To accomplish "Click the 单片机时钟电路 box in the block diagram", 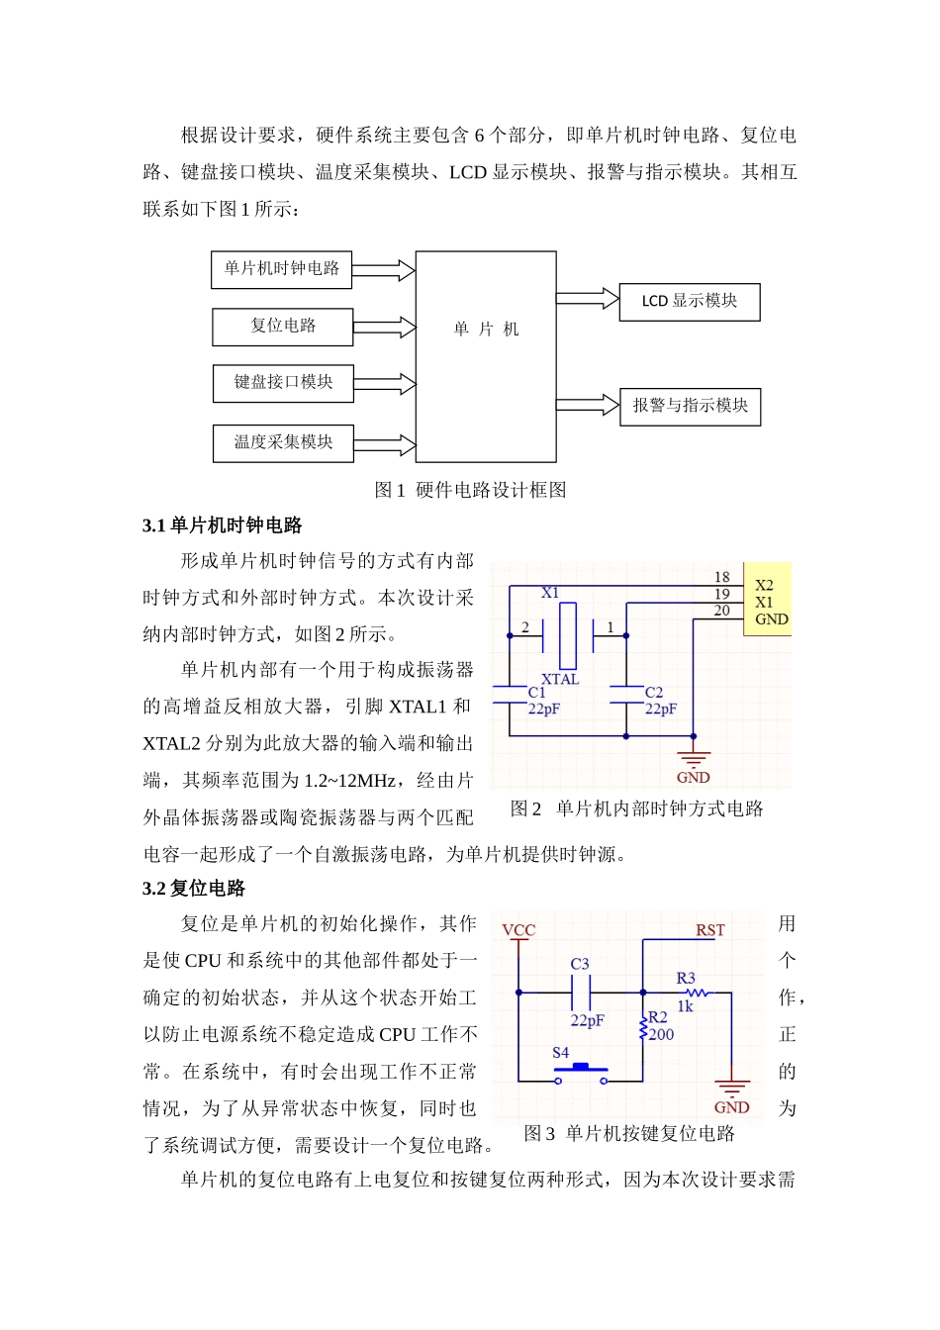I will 281,269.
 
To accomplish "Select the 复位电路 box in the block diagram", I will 283,327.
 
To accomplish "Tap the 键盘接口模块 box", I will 283,383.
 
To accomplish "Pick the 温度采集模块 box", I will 283,443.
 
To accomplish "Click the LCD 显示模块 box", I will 690,302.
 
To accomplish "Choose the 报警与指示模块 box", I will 690,407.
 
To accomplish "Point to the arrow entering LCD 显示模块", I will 587,299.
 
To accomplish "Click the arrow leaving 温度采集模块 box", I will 384,444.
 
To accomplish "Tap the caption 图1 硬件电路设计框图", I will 470,490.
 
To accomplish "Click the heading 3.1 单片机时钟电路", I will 223,525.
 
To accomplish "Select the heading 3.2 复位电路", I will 194,888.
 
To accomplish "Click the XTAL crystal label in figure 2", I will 560,679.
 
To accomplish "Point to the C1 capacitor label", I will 536,693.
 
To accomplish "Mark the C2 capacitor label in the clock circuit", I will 654,693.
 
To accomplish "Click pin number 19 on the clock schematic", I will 721,594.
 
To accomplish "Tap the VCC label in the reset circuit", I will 518,930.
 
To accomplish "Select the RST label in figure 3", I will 709,930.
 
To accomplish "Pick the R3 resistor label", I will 686,978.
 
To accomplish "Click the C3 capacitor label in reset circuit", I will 580,964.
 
